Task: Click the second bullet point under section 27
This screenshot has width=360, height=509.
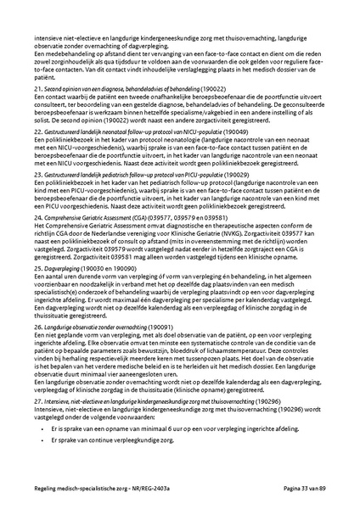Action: (42, 433)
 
